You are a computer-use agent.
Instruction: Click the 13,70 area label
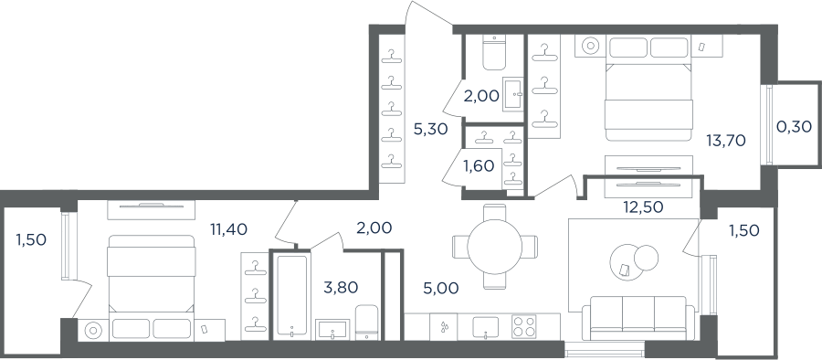[x=725, y=140]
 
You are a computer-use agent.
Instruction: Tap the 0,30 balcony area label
[x=794, y=126]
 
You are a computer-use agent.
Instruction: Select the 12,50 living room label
[x=644, y=207]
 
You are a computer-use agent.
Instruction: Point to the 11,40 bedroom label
[x=228, y=228]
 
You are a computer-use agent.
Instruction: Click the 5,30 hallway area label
[x=430, y=129]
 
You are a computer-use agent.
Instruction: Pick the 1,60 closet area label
[x=478, y=165]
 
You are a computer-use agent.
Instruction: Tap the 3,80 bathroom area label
[x=341, y=287]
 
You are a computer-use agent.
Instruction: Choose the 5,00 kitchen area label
[x=442, y=288]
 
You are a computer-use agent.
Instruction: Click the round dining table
[x=495, y=246]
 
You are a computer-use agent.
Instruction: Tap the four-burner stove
[x=522, y=326]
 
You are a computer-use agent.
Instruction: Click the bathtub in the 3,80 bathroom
[x=291, y=298]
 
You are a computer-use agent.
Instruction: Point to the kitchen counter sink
[x=486, y=327]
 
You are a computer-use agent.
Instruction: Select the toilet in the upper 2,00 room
[x=494, y=52]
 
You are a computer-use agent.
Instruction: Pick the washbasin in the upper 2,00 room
[x=513, y=94]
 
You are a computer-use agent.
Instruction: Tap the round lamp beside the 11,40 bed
[x=93, y=330]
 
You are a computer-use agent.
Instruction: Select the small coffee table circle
[x=646, y=257]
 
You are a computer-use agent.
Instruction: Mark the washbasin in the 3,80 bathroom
[x=332, y=331]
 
